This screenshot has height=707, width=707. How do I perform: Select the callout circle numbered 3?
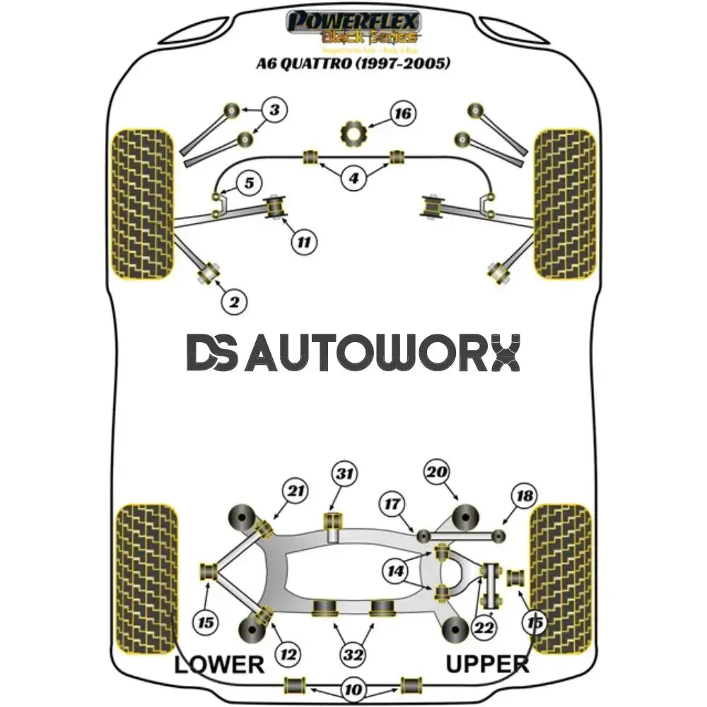click(x=275, y=110)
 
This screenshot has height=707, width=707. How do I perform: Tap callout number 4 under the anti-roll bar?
click(x=353, y=178)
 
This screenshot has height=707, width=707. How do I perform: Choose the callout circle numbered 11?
click(x=303, y=243)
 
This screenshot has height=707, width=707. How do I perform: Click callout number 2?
click(x=234, y=303)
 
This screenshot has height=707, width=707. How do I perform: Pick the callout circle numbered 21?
click(x=295, y=491)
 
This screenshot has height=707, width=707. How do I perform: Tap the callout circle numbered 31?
click(x=346, y=474)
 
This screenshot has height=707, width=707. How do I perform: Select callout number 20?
click(x=437, y=472)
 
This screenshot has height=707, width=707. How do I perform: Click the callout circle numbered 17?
click(x=393, y=504)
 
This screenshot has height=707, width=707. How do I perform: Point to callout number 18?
click(x=525, y=496)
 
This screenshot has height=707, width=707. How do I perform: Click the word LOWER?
click(x=218, y=664)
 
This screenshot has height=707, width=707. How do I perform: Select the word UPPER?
click(x=487, y=664)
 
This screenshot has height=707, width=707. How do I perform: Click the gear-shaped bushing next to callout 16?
click(x=351, y=132)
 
